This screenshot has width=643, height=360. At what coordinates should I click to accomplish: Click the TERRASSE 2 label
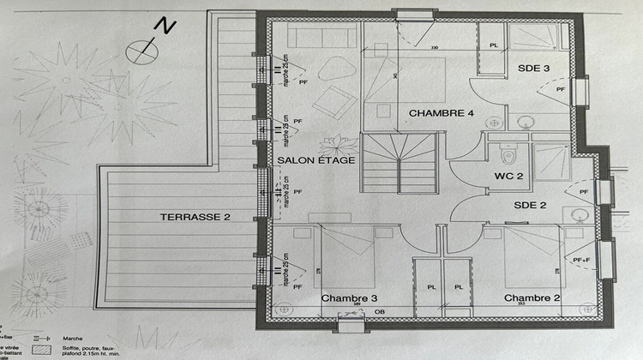tap(195, 218)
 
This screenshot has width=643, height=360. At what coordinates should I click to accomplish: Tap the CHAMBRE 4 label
tap(441, 113)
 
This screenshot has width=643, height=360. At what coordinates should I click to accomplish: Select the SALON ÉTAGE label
tap(310, 160)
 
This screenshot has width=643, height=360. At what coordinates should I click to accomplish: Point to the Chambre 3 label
tap(349, 298)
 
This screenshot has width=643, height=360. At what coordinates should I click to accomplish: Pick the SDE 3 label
tap(532, 68)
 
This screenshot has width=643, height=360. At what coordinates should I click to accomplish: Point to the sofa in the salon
tap(321, 36)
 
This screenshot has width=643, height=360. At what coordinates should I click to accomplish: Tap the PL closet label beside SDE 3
tap(493, 45)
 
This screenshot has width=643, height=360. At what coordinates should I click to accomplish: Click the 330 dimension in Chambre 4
tap(435, 47)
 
